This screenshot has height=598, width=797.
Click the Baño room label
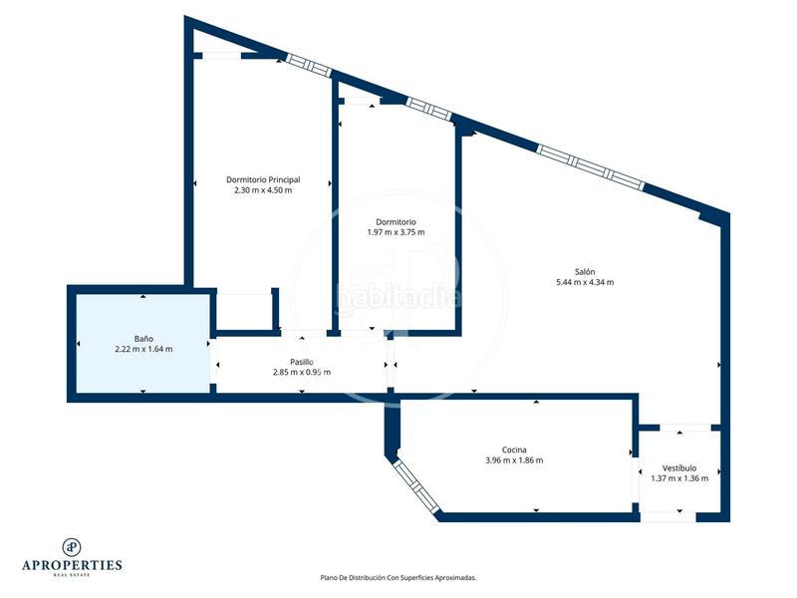tap(143, 339)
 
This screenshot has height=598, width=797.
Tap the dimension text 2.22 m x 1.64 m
tap(143, 349)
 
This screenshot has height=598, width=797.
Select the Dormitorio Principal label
tap(263, 180)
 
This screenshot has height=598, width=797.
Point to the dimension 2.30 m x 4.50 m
tap(263, 190)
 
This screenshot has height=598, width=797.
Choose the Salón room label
tap(585, 272)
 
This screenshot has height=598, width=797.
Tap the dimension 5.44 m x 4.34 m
tap(585, 282)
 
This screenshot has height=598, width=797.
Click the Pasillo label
tap(302, 362)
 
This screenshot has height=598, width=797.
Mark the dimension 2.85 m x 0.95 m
tap(302, 372)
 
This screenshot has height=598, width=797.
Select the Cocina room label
tap(514, 449)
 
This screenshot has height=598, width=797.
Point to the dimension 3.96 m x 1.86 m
tap(514, 459)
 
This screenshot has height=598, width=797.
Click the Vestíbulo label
tap(679, 467)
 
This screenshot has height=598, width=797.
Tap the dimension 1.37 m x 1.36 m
tap(679, 477)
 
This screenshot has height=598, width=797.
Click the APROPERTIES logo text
tap(72, 565)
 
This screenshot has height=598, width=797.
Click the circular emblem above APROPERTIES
tap(72, 545)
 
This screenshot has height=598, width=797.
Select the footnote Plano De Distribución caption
tap(398, 577)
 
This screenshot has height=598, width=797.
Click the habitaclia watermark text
tap(398, 296)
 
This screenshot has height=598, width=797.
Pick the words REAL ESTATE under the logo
tap(72, 575)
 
